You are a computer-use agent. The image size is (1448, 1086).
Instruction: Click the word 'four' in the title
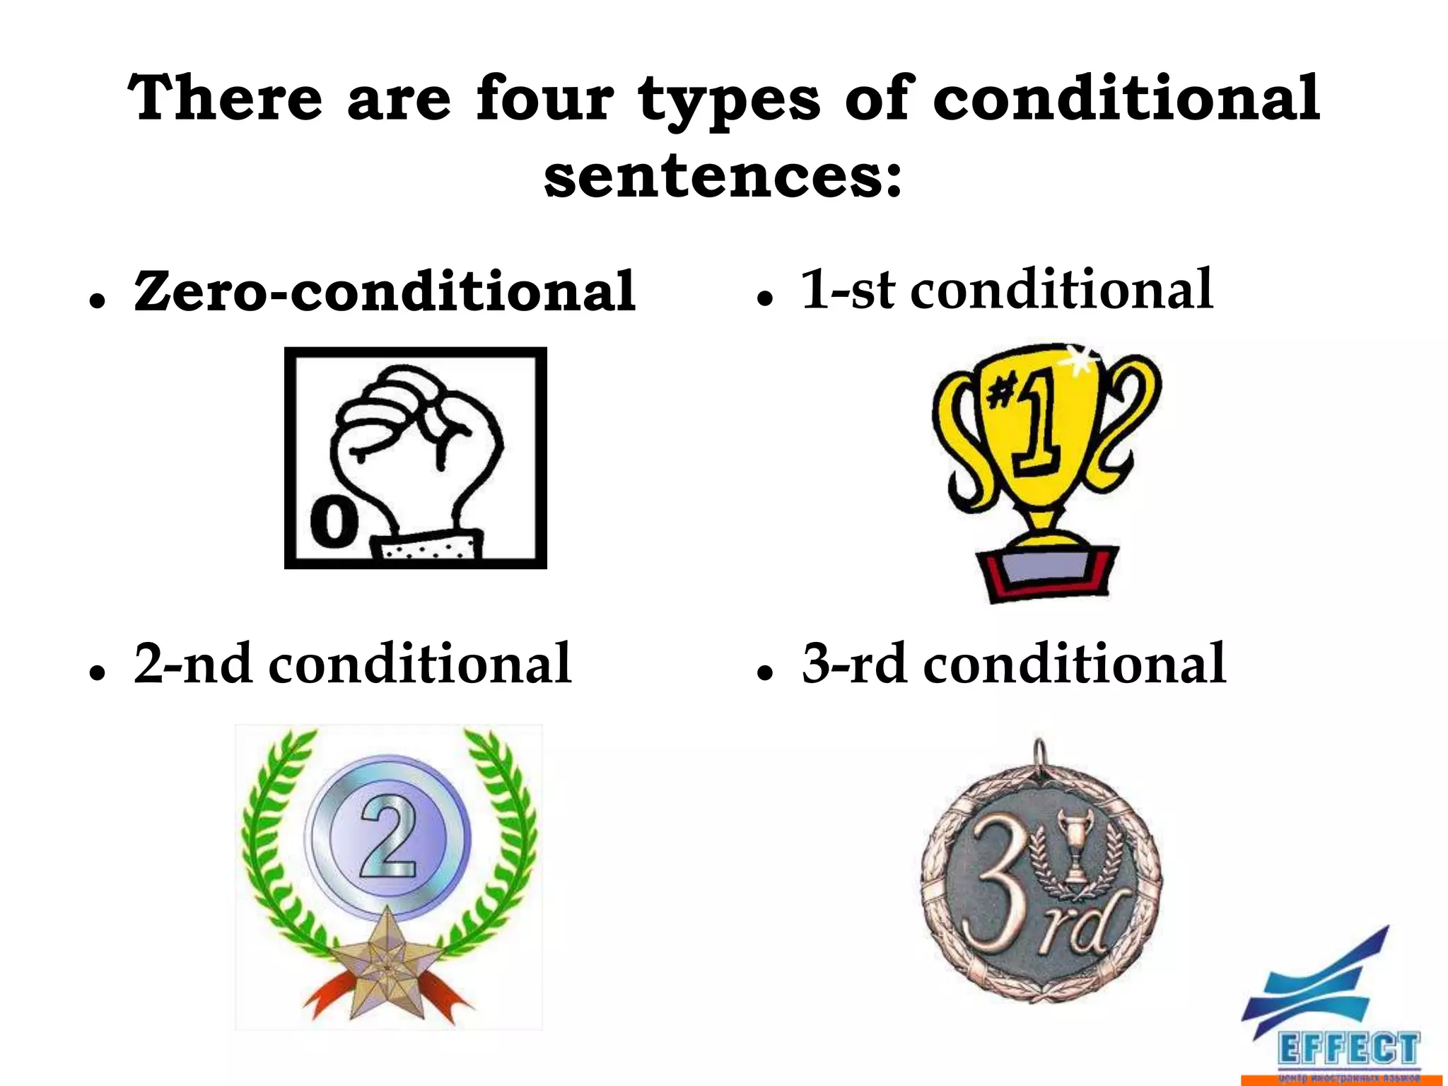point(544,99)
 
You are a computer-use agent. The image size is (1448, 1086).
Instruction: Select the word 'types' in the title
point(729,103)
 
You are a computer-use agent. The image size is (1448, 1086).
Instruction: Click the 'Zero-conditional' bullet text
point(385,291)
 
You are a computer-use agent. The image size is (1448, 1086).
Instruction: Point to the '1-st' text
point(848,290)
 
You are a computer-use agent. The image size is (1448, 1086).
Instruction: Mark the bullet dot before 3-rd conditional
point(764,674)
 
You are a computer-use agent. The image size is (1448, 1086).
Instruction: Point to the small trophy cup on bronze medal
point(1074,848)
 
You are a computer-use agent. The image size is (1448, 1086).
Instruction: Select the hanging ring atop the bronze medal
point(1039,753)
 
